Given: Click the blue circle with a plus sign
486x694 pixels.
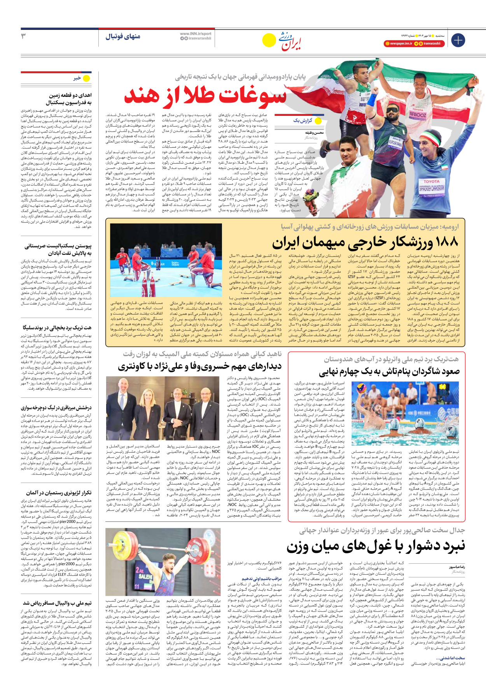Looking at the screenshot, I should coord(458,40).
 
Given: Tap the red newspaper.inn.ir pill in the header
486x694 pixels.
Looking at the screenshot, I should coord(398,44).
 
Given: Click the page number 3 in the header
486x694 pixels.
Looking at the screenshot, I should coord(24,36).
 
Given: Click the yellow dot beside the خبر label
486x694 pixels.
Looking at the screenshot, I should coord(86,78).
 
